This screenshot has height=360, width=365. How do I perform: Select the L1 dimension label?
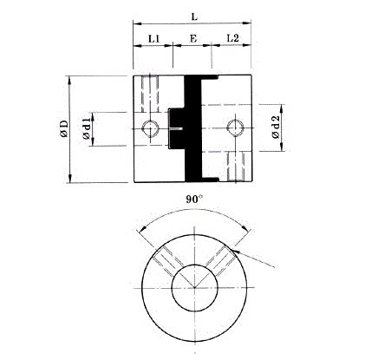(x=153, y=38)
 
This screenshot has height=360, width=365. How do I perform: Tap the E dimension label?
(x=193, y=38)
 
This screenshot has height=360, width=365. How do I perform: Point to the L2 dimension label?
(x=233, y=38)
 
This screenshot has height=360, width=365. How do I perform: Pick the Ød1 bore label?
(x=88, y=129)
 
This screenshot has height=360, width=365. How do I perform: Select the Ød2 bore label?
(x=275, y=129)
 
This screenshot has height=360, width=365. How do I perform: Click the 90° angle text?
(x=194, y=199)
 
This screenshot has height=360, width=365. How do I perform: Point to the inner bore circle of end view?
(x=193, y=288)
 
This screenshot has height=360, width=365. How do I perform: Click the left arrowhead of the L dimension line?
(x=136, y=24)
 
